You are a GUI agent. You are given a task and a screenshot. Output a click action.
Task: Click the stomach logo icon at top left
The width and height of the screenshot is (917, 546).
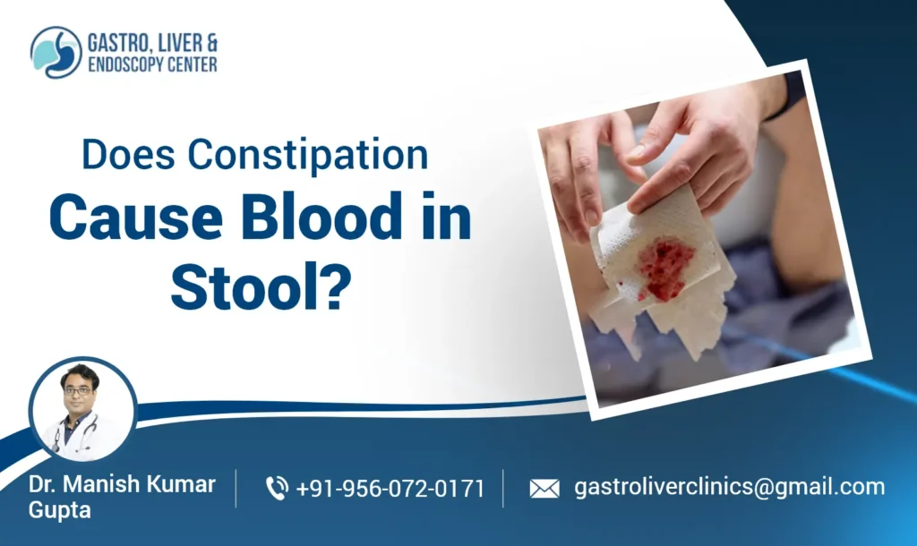(56, 52)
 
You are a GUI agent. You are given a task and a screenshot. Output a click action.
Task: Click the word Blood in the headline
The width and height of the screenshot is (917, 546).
(305, 219)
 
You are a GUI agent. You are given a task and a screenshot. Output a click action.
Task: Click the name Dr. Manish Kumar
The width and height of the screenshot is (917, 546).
(123, 484)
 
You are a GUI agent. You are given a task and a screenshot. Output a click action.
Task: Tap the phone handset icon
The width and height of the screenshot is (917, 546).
(277, 488)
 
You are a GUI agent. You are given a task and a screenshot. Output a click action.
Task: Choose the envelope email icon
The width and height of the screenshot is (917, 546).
(544, 488)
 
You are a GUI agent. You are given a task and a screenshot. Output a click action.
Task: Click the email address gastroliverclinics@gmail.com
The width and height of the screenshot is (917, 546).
(729, 487)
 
